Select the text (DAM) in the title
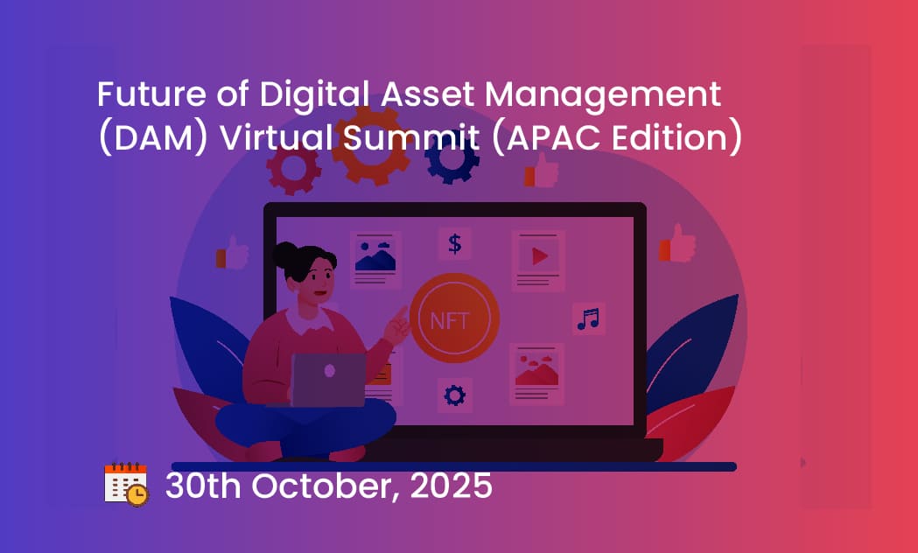tap(153, 139)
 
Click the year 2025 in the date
tap(451, 486)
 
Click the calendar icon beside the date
tap(126, 485)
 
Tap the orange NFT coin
tap(453, 318)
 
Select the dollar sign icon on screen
tap(455, 243)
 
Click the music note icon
tap(588, 318)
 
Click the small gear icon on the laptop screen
tap(455, 395)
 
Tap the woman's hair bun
tap(285, 255)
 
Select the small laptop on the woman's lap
tap(328, 379)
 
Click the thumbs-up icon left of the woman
tap(232, 253)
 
